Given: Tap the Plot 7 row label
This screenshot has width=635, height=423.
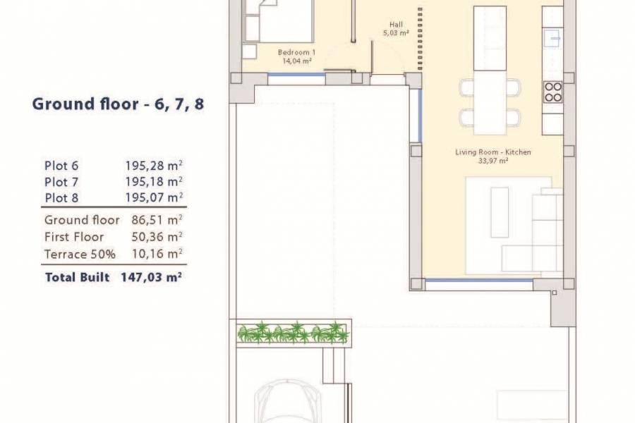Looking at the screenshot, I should coord(61,182).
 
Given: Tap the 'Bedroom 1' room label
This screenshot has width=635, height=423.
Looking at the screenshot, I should coord(296,53).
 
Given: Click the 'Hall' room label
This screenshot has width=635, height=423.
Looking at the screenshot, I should coord(396,24).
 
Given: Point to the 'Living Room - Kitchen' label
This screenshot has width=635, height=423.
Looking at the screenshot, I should coord(493,152).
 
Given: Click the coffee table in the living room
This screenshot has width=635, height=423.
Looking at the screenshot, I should coord(499,212).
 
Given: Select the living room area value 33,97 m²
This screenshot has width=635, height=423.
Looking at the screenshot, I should coord(493,161).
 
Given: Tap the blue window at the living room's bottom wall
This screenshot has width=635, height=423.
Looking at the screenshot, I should coord(480,281).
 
